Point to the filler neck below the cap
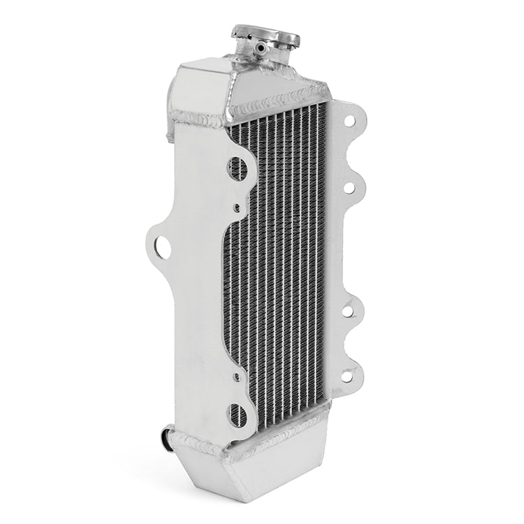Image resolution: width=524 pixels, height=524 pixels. (247, 52)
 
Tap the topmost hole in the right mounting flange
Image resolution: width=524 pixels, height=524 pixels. (349, 118)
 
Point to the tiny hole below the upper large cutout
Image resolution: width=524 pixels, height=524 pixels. (238, 206)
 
